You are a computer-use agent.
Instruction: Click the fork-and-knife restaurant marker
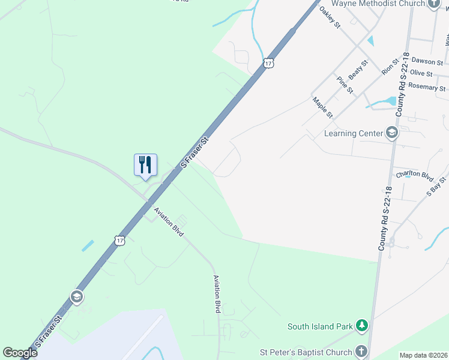pos(145,165)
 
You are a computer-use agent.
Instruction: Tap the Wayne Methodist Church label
pos(378,4)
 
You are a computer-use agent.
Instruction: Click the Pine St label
pos(345,85)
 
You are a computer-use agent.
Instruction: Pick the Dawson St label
pos(426,62)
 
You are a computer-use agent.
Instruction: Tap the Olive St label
pos(421,73)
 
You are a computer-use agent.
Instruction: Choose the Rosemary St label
pos(427,86)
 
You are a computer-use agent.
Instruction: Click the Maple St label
pos(322,107)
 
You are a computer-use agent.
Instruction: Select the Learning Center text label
pos(353,133)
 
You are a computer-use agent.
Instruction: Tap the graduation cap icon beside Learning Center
pos(392,133)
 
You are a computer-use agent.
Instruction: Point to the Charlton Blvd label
pos(414,176)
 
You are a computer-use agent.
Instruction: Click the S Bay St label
pos(436,186)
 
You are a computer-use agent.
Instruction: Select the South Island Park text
pos(319,327)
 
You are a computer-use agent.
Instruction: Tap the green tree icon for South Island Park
pos(361,326)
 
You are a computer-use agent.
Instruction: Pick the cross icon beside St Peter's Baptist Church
pos(361,350)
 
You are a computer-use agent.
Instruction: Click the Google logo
pos(20,353)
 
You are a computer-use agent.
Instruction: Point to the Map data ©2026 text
pos(423,355)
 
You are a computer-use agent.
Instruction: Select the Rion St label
pos(390,67)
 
